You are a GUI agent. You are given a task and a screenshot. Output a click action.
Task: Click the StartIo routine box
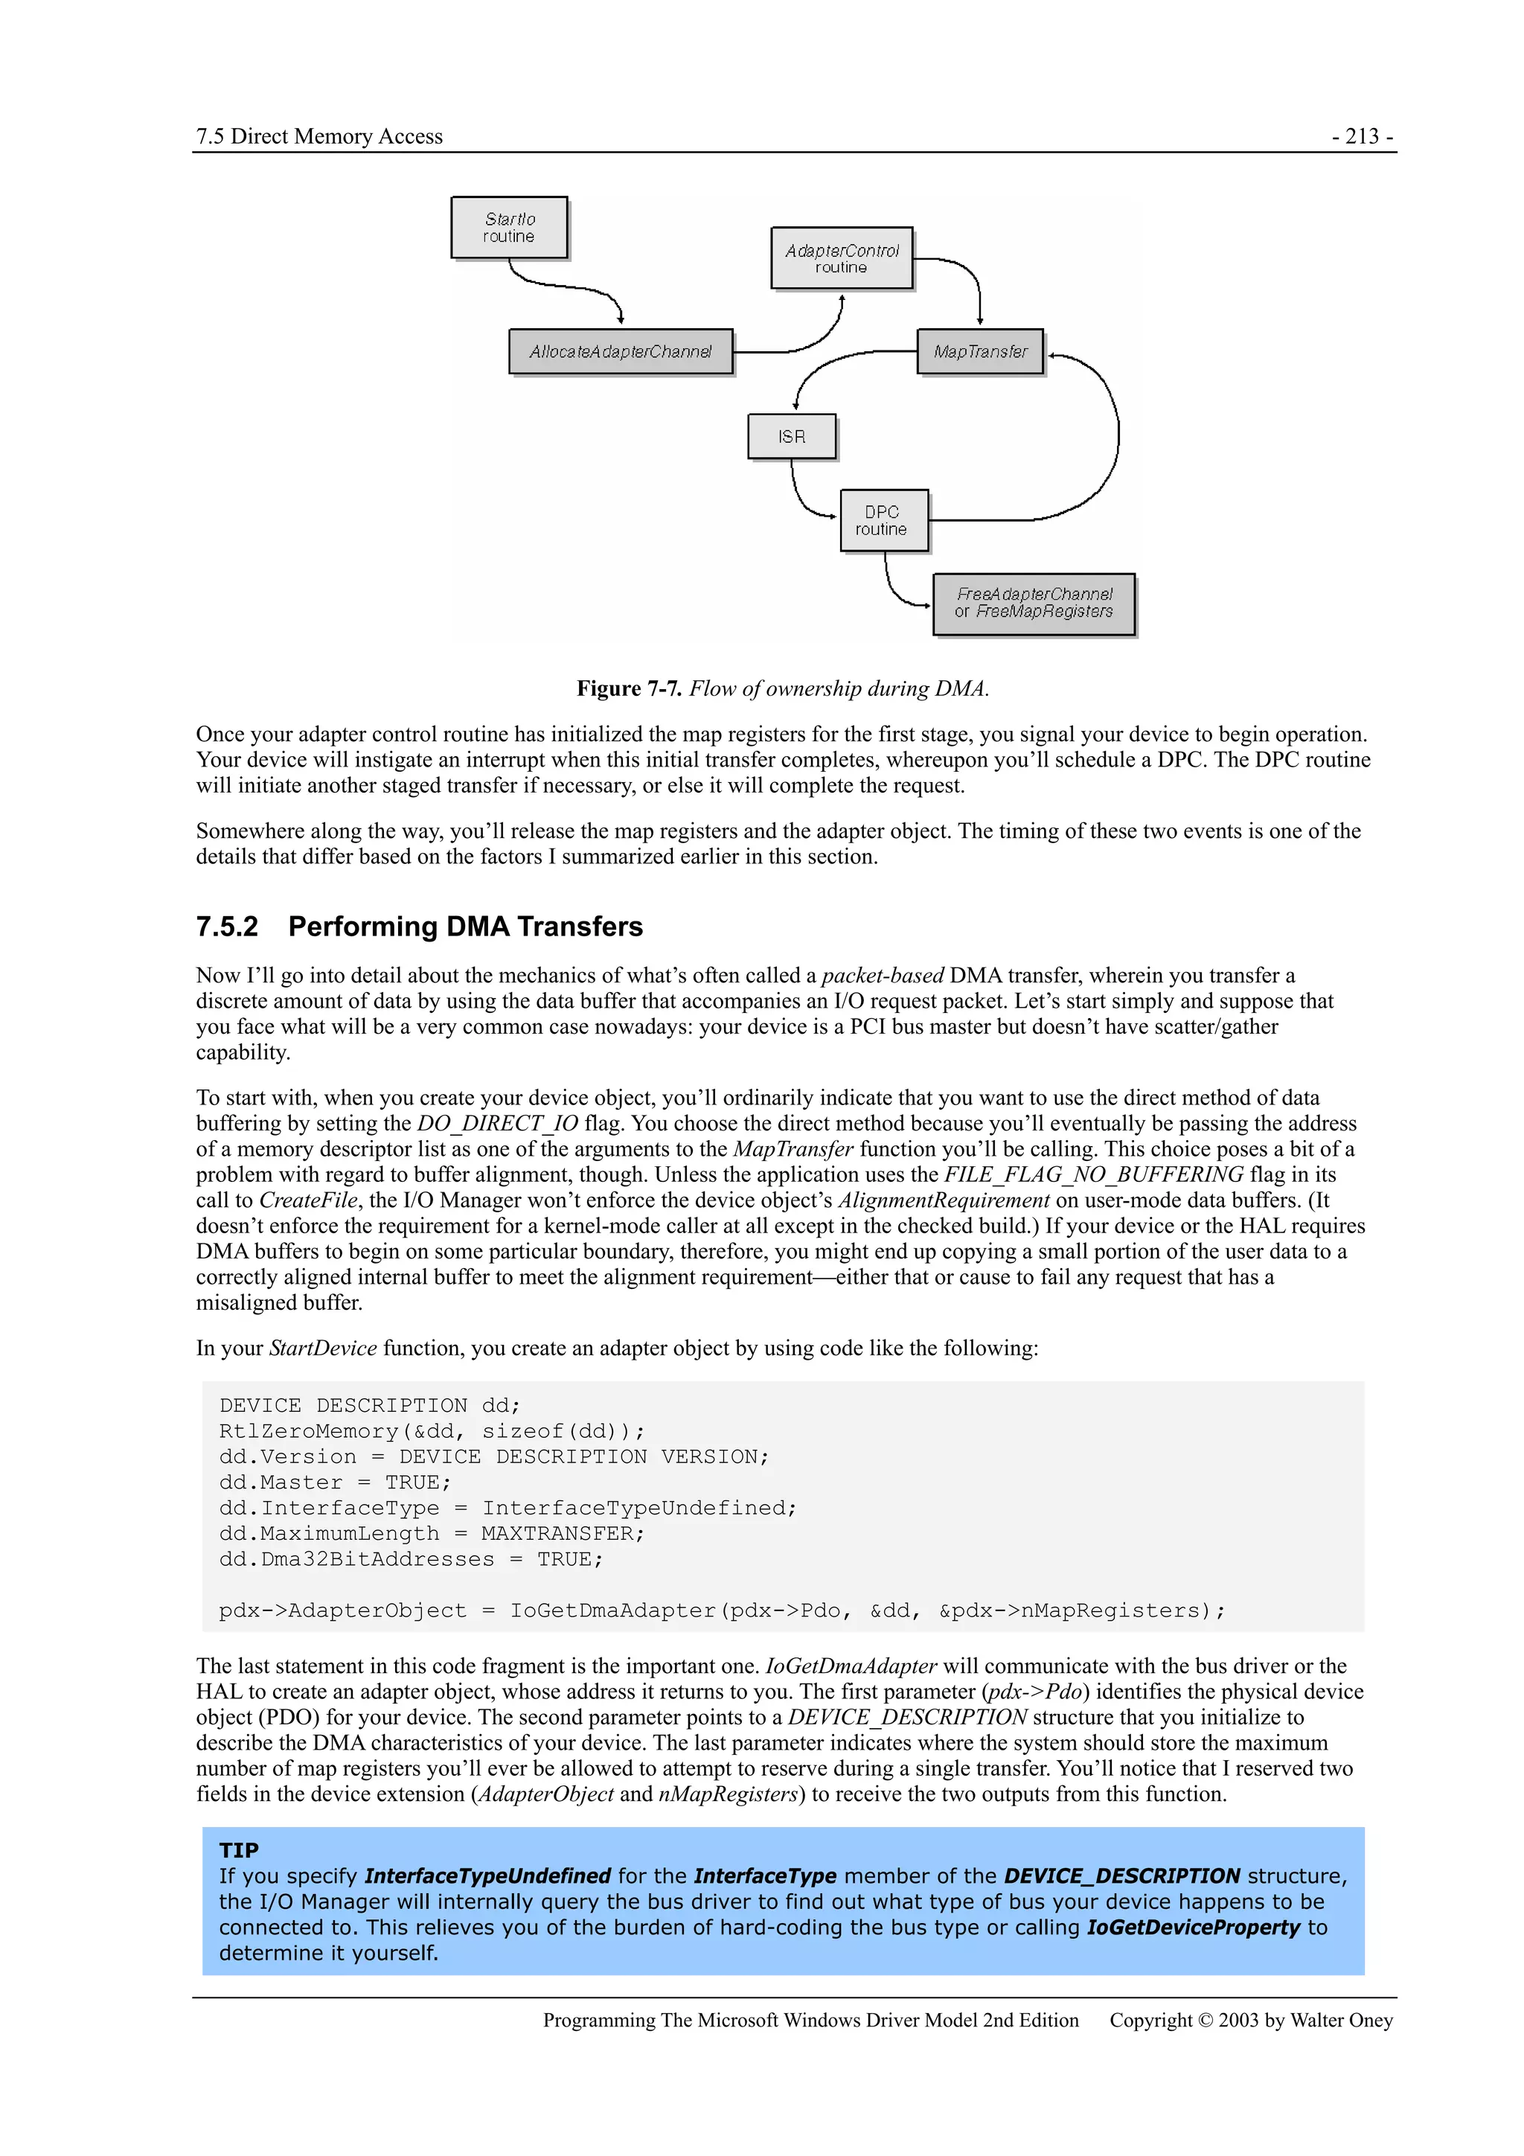pyautogui.click(x=509, y=227)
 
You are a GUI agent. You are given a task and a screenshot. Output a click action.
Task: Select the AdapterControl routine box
pyautogui.click(x=842, y=258)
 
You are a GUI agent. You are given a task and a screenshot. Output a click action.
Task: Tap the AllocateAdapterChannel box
pyautogui.click(x=620, y=351)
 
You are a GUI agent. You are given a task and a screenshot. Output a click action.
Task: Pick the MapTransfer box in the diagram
pyautogui.click(x=979, y=351)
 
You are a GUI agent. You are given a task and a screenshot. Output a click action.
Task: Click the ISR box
pyautogui.click(x=792, y=437)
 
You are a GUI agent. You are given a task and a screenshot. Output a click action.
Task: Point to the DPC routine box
pyautogui.click(x=883, y=520)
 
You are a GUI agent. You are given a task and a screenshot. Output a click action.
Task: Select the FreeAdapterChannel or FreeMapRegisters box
pyautogui.click(x=1033, y=603)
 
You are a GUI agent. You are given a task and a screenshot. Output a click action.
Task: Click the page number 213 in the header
pyautogui.click(x=1362, y=136)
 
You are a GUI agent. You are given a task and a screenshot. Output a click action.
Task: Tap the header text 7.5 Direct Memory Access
pyautogui.click(x=319, y=136)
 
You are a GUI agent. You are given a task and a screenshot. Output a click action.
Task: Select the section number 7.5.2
pyautogui.click(x=226, y=927)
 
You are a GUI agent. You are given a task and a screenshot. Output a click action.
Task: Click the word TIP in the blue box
pyautogui.click(x=239, y=1850)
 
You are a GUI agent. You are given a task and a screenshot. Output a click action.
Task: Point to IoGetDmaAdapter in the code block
pyautogui.click(x=613, y=1610)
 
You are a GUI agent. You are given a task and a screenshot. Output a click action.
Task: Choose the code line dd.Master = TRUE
pyautogui.click(x=335, y=1482)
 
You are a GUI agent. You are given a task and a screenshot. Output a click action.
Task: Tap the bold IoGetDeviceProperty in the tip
pyautogui.click(x=1193, y=1927)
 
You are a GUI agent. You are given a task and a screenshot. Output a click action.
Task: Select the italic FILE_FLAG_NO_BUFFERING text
pyautogui.click(x=1093, y=1174)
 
